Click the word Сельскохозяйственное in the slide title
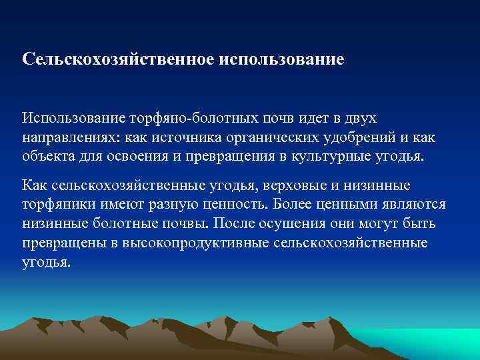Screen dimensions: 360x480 tap(117, 59)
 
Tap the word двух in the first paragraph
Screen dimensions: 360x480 tap(361, 118)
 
